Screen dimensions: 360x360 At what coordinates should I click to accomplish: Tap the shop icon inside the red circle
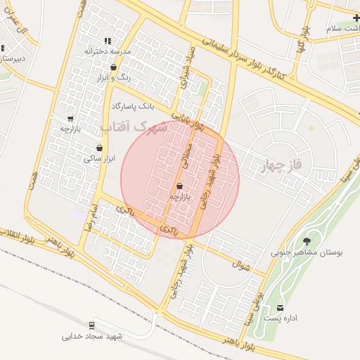179,186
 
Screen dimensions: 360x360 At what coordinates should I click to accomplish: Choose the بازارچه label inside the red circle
179,198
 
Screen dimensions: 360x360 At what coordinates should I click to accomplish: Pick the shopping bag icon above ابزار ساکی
99,148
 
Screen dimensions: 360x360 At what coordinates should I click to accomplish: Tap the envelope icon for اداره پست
281,308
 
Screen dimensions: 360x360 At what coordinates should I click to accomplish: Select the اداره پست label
301,319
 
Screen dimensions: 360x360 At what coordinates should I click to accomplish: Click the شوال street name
240,266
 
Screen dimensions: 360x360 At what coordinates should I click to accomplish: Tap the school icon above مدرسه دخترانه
108,41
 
